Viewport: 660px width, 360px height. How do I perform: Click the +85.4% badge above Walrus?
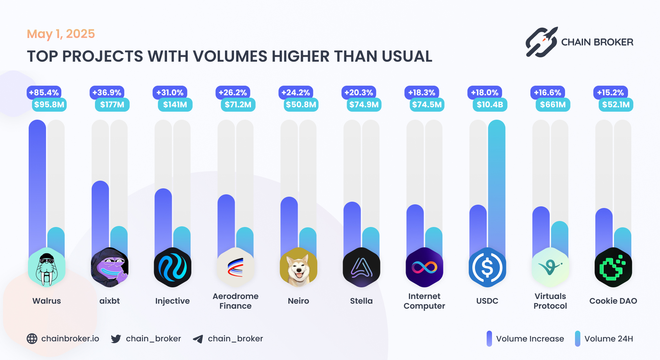(44, 92)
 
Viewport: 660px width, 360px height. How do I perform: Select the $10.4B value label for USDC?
(490, 105)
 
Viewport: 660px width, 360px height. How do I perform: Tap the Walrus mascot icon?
(47, 267)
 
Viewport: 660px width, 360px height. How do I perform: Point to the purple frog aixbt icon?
(110, 267)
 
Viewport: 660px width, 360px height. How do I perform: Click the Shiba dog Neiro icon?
(298, 267)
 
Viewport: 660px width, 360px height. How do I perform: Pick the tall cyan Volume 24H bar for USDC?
(496, 183)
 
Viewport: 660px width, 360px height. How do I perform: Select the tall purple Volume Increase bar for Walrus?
(37, 183)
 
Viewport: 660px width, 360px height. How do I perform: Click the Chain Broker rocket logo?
(541, 42)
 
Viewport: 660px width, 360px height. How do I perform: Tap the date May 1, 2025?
(61, 34)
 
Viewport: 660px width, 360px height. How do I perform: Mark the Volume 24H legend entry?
(604, 339)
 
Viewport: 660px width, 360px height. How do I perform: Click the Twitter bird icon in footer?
(116, 339)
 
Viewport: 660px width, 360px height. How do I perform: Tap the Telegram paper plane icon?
(198, 339)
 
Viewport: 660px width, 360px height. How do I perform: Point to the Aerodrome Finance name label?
(236, 301)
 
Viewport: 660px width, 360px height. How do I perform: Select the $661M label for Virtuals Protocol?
(553, 105)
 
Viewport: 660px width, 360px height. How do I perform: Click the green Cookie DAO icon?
(613, 267)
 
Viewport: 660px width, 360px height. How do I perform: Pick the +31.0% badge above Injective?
(170, 92)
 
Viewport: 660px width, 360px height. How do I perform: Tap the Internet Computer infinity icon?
(424, 267)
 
